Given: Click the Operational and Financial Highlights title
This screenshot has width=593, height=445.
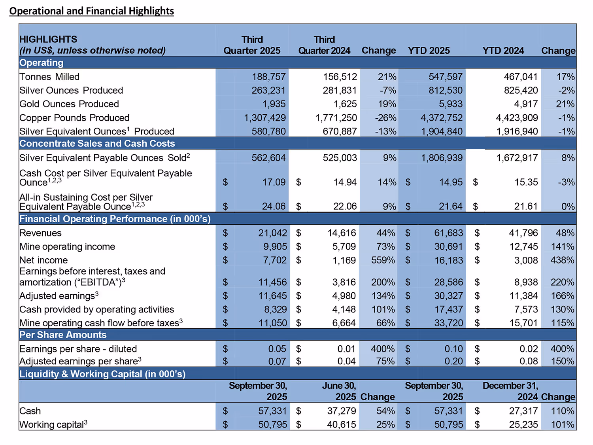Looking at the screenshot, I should click(91, 11).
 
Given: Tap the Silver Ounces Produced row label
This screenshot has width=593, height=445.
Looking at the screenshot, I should click(71, 91).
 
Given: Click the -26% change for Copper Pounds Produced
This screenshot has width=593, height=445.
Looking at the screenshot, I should click(385, 118).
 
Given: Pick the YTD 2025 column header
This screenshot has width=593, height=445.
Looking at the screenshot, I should click(429, 51).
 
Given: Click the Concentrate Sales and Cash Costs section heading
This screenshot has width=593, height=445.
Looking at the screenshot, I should click(97, 144).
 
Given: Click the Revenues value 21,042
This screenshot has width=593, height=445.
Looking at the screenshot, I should click(272, 233).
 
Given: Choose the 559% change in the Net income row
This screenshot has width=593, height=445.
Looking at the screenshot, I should click(383, 260).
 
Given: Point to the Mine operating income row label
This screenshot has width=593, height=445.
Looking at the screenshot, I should click(67, 247).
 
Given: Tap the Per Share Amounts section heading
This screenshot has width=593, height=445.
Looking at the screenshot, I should click(63, 335).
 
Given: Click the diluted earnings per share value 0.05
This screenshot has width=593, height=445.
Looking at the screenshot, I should click(277, 349).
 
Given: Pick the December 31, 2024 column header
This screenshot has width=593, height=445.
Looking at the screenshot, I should click(510, 391).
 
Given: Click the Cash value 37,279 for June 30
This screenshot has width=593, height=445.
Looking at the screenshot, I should click(341, 411).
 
